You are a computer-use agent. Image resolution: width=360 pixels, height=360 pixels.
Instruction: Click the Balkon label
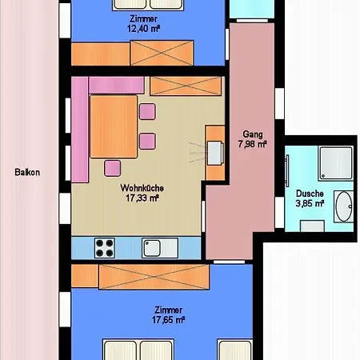27,172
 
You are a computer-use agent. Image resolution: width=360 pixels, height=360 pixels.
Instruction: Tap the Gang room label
253,134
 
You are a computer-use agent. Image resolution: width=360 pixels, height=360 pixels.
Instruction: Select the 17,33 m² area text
142,198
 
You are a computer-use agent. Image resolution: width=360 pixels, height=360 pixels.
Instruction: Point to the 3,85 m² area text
310,203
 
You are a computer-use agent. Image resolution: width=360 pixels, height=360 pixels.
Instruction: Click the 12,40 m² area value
143,28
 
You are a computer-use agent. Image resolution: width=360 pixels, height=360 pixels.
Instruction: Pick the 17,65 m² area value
169,320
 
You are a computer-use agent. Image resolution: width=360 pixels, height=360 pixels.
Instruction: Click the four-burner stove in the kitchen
105,248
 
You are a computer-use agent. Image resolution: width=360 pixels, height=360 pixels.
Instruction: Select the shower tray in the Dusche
336,163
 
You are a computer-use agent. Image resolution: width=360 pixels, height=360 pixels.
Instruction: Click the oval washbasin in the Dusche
343,206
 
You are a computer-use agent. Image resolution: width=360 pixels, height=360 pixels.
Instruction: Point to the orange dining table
114,126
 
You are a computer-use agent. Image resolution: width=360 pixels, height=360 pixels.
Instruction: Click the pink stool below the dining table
112,168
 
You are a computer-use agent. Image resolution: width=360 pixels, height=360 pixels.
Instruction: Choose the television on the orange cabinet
215,153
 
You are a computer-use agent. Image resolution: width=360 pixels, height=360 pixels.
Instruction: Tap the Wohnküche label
142,188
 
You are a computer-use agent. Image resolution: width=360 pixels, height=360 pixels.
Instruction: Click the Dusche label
310,194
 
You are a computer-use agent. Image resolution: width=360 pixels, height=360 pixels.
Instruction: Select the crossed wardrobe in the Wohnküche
186,86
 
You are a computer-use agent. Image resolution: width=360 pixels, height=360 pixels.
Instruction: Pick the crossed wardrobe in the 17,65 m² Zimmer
154,277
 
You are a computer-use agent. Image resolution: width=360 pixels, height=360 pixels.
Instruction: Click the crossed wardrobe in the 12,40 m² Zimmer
162,53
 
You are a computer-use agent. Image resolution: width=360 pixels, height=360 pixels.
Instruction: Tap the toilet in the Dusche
312,226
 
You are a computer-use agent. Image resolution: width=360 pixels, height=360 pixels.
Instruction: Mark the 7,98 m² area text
253,144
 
